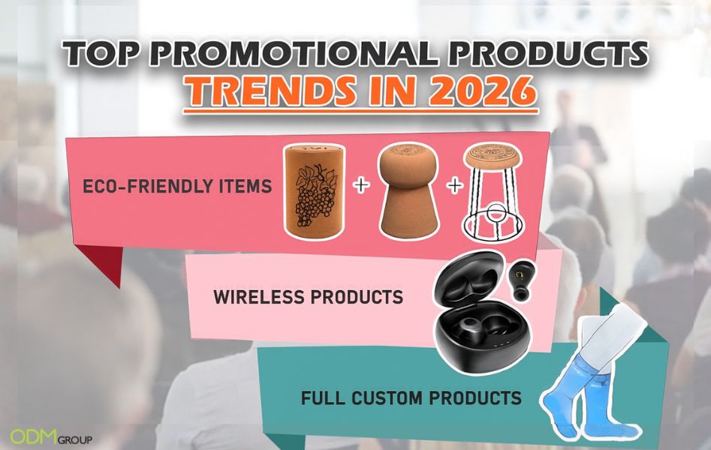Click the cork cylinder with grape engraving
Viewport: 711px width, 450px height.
314,188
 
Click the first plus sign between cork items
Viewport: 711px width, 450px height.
361,185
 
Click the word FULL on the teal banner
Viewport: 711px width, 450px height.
320,397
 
